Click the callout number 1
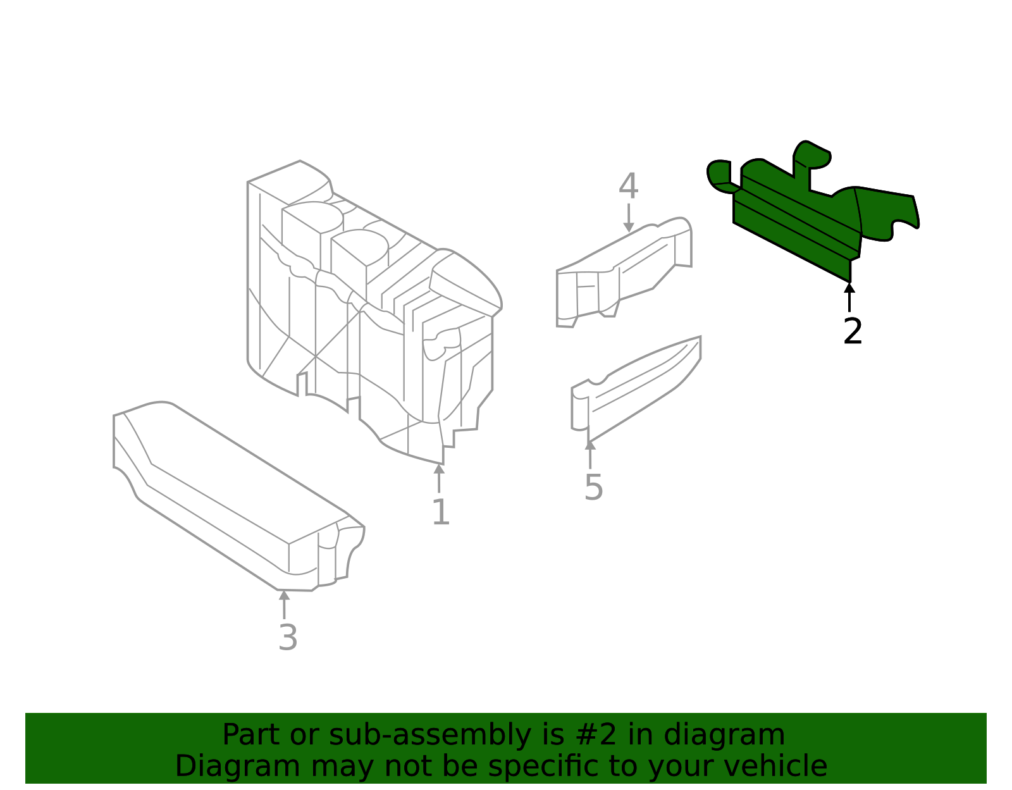click(440, 512)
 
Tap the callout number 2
click(853, 331)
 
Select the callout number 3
click(288, 638)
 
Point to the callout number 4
click(628, 187)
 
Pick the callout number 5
click(593, 487)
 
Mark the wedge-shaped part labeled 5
click(632, 392)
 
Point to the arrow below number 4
click(628, 218)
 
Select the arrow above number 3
click(284, 604)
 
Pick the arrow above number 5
click(589, 454)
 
